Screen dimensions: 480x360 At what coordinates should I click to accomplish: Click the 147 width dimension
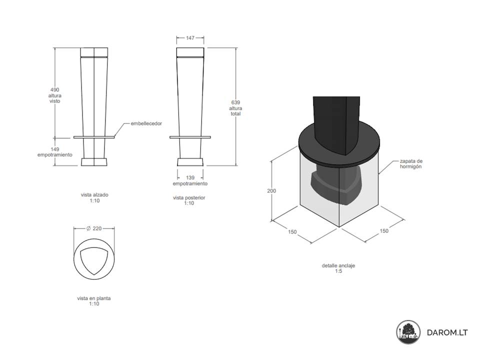[x=190, y=38]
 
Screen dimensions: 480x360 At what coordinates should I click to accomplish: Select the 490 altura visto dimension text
[x=55, y=95]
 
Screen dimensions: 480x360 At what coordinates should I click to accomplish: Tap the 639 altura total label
[x=235, y=108]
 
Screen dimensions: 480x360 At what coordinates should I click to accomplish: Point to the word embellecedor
[x=146, y=123]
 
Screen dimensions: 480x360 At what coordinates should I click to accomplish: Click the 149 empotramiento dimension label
[x=55, y=152]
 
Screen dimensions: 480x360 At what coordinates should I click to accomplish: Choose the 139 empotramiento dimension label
[x=190, y=180]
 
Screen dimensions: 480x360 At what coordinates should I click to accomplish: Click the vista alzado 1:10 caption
[x=94, y=197]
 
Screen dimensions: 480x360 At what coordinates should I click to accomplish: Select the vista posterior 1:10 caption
[x=189, y=200]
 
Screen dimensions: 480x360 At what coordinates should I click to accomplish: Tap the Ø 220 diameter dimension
[x=94, y=228]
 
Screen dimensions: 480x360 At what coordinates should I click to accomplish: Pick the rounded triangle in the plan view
[x=94, y=260]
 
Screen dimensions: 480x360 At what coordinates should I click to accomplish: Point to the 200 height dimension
[x=271, y=190]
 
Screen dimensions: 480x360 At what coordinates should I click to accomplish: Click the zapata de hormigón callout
[x=411, y=164]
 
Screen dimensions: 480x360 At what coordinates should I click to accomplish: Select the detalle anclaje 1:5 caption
[x=338, y=268]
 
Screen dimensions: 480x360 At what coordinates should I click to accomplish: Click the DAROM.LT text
[x=447, y=332]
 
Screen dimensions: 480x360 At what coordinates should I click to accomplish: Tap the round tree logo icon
[x=408, y=332]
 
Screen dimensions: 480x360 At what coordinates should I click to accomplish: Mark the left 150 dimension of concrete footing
[x=292, y=231]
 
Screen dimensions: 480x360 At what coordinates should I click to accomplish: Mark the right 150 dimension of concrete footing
[x=384, y=231]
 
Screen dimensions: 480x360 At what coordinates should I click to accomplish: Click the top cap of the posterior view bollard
[x=190, y=52]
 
